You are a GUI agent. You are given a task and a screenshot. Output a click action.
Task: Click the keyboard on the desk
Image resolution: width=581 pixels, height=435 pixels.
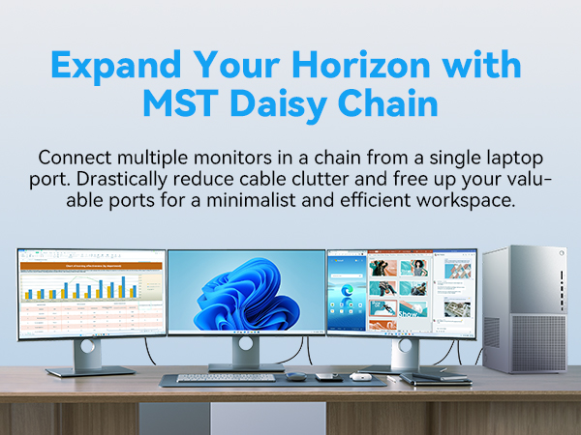[212, 377]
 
